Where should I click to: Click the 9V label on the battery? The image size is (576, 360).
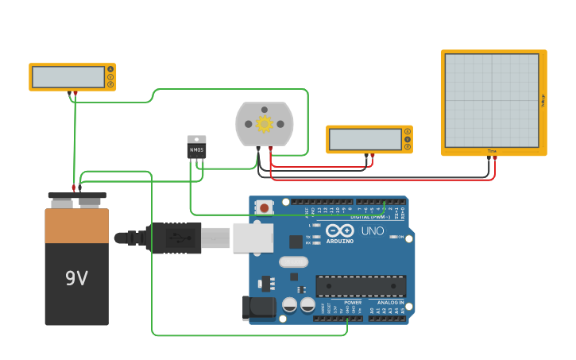[x=76, y=279]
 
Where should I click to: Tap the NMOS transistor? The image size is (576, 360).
[x=196, y=149]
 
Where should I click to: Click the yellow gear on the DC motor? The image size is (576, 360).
[x=265, y=124]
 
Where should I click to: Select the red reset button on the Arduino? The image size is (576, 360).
[x=264, y=207]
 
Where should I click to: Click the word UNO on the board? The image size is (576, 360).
[x=373, y=231]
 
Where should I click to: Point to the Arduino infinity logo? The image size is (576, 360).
[x=339, y=230]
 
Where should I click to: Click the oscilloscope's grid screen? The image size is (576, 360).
[x=492, y=100]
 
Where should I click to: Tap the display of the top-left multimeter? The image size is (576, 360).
[x=67, y=77]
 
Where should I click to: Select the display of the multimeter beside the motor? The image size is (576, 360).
[x=365, y=139]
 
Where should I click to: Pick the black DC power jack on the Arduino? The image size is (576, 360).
[x=259, y=308]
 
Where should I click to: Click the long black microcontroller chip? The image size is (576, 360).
[x=361, y=286]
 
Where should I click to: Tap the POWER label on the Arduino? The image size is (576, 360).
[x=353, y=303]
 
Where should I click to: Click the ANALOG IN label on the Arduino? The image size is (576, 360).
[x=390, y=303]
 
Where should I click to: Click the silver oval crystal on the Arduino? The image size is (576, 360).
[x=293, y=261]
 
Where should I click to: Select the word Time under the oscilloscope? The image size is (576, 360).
[x=492, y=151]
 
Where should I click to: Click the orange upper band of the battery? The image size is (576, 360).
[x=76, y=226]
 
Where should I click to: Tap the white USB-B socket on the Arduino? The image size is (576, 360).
[x=253, y=238]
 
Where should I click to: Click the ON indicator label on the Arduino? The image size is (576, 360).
[x=400, y=237]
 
